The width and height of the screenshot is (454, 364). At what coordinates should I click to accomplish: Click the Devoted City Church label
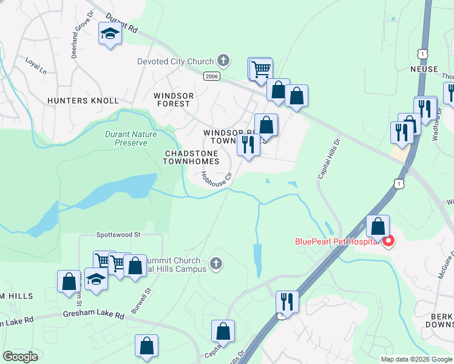coord(175,61)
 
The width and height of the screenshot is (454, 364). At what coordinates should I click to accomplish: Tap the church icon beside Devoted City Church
coord(223,61)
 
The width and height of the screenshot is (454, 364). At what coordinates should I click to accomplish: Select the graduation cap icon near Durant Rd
coord(110,34)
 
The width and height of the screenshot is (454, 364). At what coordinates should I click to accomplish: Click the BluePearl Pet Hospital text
coord(337,241)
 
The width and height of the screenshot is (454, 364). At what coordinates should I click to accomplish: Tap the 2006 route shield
coord(211,76)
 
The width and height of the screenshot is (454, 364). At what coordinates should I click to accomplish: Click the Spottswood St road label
coord(118,234)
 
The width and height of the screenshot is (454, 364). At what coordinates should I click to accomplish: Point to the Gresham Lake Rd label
coord(93,315)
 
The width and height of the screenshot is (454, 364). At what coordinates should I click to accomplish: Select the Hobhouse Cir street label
coord(217,180)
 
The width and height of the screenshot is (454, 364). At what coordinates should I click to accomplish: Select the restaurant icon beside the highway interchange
coord(286,302)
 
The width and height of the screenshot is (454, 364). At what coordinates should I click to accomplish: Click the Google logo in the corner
coord(21,357)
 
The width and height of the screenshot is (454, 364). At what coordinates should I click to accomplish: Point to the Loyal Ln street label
coord(36,66)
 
